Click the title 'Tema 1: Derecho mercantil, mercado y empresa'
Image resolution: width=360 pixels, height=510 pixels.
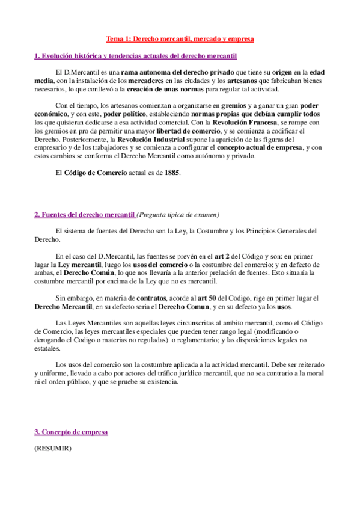point(180,39)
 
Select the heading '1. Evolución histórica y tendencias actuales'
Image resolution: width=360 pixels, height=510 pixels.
point(135,57)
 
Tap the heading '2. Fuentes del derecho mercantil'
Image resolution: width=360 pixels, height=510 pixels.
point(84,214)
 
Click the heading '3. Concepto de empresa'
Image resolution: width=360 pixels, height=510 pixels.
point(71,432)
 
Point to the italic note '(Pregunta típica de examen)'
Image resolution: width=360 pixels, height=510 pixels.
point(178,214)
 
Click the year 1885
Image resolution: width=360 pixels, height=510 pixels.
point(171,173)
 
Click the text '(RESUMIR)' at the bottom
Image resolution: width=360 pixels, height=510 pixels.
point(53,447)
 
